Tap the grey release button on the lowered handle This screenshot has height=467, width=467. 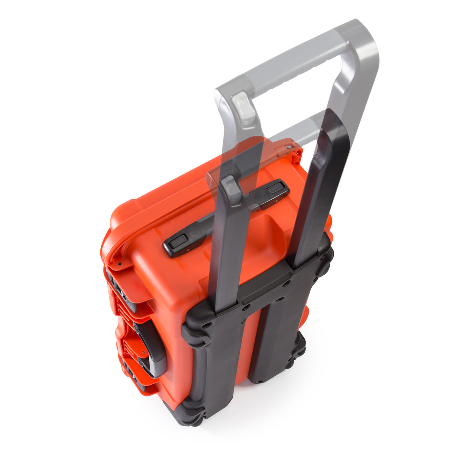point(232,188)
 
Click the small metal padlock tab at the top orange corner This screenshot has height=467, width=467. point(289,146)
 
